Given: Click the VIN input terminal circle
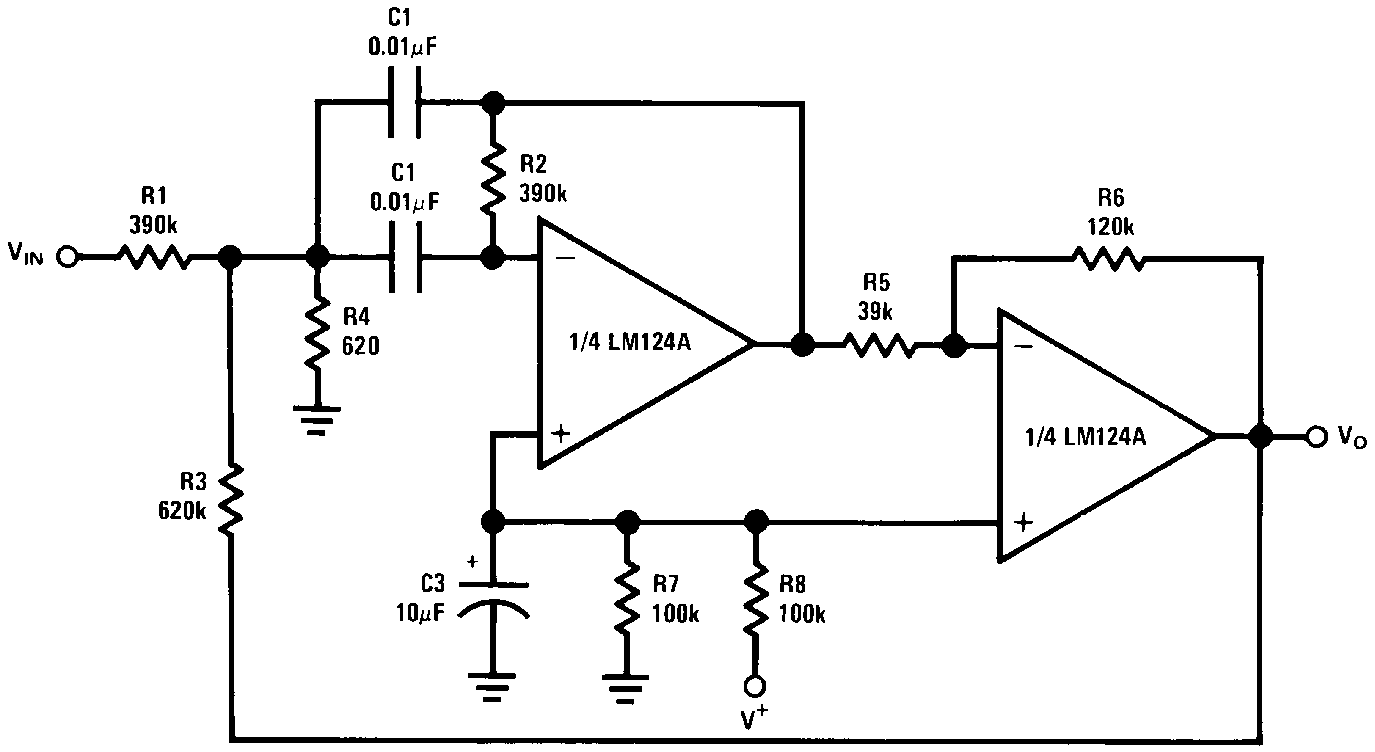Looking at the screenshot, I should [68, 257].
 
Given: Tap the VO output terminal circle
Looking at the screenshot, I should [1317, 437].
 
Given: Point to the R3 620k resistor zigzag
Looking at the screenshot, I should [230, 499].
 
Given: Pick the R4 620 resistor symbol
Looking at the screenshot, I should [317, 332].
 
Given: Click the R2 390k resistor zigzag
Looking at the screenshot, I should [493, 174].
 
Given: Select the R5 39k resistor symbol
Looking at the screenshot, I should [879, 345].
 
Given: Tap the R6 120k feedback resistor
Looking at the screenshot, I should [1109, 259].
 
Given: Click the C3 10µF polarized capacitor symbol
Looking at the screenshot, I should [493, 600].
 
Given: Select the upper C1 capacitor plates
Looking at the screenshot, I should [404, 102].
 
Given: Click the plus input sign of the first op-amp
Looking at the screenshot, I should [560, 433].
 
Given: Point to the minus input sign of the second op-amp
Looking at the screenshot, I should [1023, 347].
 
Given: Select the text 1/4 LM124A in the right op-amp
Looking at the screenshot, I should [1085, 437].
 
